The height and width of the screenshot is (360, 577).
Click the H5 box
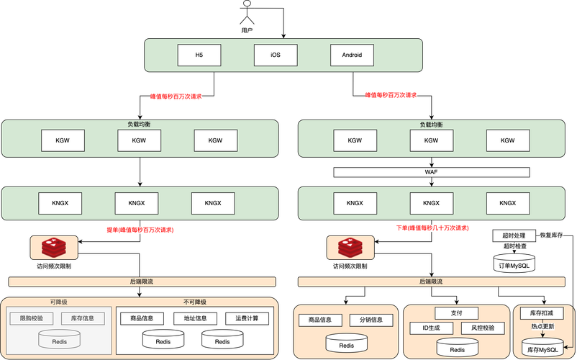pyautogui.click(x=199, y=55)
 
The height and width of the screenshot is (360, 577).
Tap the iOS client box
pyautogui.click(x=276, y=55)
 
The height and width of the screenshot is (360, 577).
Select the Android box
pyautogui.click(x=352, y=55)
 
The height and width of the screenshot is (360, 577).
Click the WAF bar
pyautogui.click(x=432, y=172)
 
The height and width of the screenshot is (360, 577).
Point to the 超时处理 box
pyautogui.click(x=514, y=235)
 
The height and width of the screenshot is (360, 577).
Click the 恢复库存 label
pyautogui.click(x=553, y=235)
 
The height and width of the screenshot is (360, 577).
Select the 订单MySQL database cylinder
pyautogui.click(x=514, y=264)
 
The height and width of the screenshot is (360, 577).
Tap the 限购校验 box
pyautogui.click(x=31, y=318)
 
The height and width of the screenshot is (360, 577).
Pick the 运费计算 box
pyautogui.click(x=247, y=318)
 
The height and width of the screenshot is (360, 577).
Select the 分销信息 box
pyautogui.click(x=371, y=320)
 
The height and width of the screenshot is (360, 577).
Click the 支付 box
pyautogui.click(x=456, y=313)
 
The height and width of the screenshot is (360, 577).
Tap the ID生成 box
pyautogui.click(x=431, y=328)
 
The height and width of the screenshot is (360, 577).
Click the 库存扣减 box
pyautogui.click(x=542, y=313)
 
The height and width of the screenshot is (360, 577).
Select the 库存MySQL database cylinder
pyautogui.click(x=542, y=348)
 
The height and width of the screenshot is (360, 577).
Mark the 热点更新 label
pyautogui.click(x=542, y=326)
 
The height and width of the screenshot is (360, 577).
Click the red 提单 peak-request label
pyautogui.click(x=140, y=230)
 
